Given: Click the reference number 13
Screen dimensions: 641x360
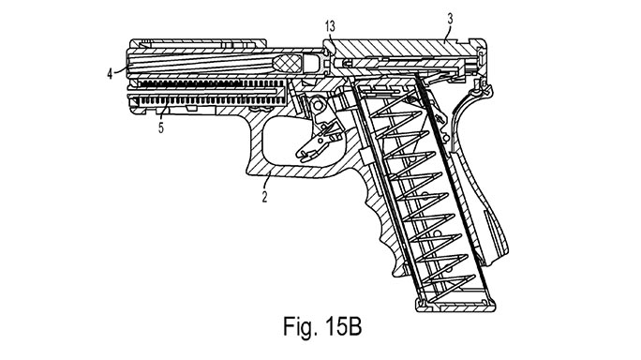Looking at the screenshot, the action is pos(330,26).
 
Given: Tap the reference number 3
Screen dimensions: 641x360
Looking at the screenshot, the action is pos(450,19).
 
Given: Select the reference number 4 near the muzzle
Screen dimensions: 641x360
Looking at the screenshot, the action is pos(110,74).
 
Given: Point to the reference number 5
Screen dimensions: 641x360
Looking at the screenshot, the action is pos(161,128).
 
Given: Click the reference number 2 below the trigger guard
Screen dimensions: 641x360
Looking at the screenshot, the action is pos(264,197).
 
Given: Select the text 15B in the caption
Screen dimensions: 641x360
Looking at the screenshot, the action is pos(344,326).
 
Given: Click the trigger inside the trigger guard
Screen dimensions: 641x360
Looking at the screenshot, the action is pos(318,139).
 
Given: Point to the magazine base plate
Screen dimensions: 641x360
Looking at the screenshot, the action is pos(455,305).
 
